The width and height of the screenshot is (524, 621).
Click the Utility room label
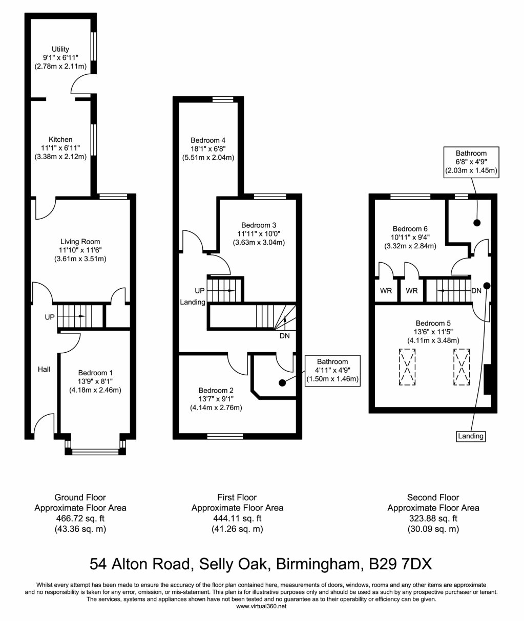(x=60, y=49)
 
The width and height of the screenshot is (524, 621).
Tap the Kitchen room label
(x=60, y=139)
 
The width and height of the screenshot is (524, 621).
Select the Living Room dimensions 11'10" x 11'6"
(x=80, y=250)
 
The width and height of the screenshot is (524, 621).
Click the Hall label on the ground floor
(x=44, y=369)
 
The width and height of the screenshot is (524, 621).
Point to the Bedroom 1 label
(x=95, y=373)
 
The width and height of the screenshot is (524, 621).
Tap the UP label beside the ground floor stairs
(x=49, y=317)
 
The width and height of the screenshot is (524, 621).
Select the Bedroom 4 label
(x=208, y=140)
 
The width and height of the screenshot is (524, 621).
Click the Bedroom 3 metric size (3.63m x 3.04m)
(x=259, y=243)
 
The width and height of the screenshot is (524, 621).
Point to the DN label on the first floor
(x=284, y=336)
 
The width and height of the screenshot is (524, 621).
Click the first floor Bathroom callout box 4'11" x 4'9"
(x=332, y=370)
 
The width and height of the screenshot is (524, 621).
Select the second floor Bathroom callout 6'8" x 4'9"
(x=471, y=162)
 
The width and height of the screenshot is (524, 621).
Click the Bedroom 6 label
(x=410, y=229)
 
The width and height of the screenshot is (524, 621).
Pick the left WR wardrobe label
(x=386, y=291)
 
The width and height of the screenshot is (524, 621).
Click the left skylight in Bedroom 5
(x=407, y=366)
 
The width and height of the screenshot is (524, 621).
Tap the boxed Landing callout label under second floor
(x=470, y=436)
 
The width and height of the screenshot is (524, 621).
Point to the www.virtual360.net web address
(x=261, y=606)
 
